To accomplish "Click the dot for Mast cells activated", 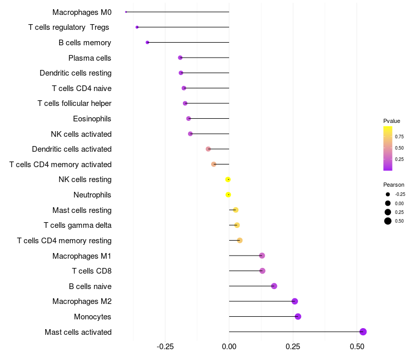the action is pos(363,332).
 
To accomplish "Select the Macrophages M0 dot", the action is pos(126,12).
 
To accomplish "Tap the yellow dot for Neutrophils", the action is pos(228,195).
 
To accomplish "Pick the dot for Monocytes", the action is pos(298,316).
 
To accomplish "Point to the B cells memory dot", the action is pos(147,43).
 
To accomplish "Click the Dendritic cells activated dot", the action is pos(208,149).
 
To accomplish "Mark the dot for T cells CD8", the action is pos(263,271).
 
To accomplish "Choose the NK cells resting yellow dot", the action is pos(228,179).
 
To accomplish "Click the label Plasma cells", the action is pos(89,58).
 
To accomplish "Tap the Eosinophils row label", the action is pos(92,119).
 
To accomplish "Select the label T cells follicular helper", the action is pos(74,103).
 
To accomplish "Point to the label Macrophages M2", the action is pos(82,301).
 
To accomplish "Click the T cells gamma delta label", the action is pos(78,225).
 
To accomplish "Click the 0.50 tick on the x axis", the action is pos(357,347).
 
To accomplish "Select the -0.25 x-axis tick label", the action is pos(165,347).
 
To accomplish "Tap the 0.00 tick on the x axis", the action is pos(229,347).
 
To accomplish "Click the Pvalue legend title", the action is pos(391,121).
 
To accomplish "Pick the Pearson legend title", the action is pos(394,185).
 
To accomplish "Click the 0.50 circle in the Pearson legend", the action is pos(388,221).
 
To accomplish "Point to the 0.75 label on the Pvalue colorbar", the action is pos(399,137).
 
